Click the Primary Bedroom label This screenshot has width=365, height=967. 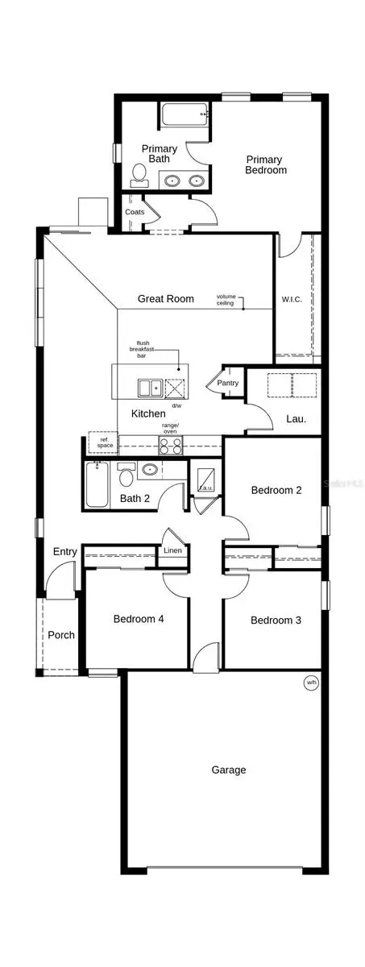(x=266, y=164)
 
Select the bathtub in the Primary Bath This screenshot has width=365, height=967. (x=185, y=114)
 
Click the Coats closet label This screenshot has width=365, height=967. (x=135, y=212)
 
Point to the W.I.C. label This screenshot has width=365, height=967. (x=292, y=300)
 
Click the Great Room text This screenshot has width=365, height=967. (x=165, y=298)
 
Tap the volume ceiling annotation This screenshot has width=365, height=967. (x=226, y=300)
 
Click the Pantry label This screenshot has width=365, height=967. (x=227, y=383)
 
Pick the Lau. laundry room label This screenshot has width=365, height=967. (x=295, y=419)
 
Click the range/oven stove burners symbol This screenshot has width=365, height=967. (x=171, y=444)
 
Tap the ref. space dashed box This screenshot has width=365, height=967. (x=104, y=442)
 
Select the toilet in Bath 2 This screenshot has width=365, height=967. (x=127, y=476)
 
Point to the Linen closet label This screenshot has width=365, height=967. (x=172, y=550)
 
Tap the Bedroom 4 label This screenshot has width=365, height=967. (x=139, y=619)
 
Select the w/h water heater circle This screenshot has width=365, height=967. (x=310, y=683)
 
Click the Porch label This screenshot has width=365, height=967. (x=60, y=635)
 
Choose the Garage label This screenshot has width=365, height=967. (x=229, y=770)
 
